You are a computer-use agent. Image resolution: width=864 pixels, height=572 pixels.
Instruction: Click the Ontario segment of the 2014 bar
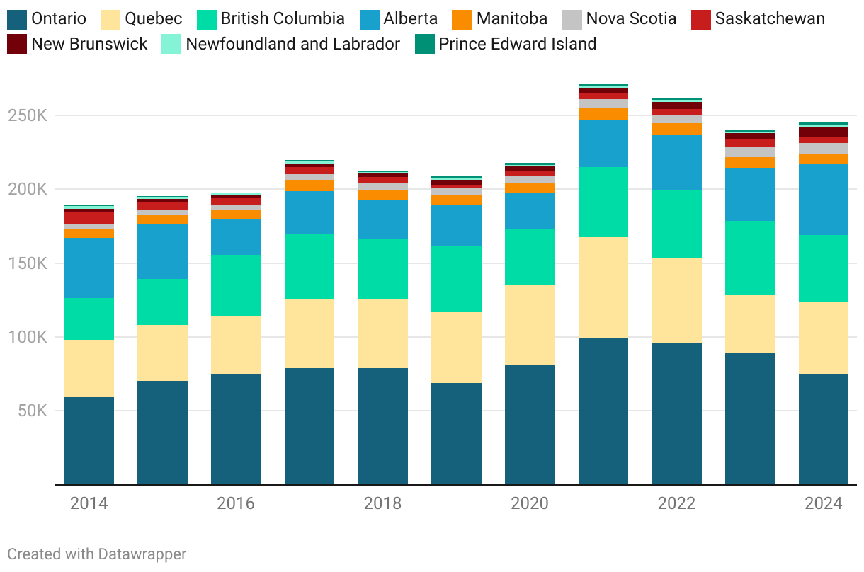click(89, 440)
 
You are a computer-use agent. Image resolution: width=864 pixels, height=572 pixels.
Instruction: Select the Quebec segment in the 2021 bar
click(603, 287)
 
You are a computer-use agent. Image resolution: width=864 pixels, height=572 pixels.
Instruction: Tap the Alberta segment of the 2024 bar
click(824, 200)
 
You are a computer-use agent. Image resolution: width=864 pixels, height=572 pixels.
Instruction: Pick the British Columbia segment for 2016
click(236, 285)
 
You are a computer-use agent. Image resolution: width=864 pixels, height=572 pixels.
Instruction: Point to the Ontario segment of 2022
click(677, 413)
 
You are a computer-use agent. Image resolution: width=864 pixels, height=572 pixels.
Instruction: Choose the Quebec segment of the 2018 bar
click(382, 333)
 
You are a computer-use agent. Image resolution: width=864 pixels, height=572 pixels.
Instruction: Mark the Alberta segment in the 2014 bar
click(89, 268)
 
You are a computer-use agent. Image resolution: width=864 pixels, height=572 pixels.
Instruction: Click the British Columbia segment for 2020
click(530, 257)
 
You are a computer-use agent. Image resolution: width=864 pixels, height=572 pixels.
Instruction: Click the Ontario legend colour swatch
click(17, 18)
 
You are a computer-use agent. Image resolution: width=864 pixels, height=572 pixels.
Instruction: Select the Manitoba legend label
click(512, 18)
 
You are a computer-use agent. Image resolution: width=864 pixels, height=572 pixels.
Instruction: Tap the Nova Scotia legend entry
click(631, 18)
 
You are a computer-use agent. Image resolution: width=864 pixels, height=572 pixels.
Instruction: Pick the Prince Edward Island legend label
click(517, 44)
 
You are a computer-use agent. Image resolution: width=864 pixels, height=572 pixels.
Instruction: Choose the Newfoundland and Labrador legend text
click(292, 44)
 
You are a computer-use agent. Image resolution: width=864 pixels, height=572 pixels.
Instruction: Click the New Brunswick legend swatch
click(17, 44)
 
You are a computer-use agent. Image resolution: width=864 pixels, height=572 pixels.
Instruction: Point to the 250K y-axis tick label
click(28, 115)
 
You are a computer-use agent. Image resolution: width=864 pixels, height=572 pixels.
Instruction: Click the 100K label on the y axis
click(28, 337)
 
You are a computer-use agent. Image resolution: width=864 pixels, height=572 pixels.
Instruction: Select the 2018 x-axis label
click(382, 503)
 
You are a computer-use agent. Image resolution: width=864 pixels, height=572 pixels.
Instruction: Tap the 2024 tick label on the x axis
click(824, 503)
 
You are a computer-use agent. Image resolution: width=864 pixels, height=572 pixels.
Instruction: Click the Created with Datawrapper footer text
click(97, 554)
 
